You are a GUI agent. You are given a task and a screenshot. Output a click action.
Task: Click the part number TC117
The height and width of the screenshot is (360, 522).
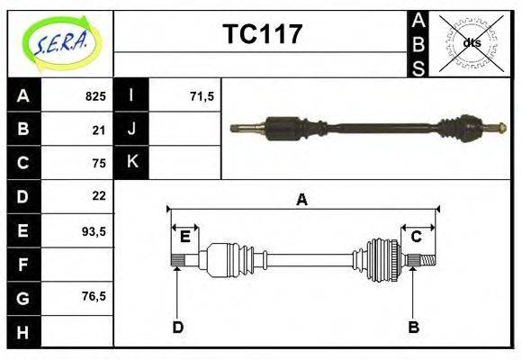262,35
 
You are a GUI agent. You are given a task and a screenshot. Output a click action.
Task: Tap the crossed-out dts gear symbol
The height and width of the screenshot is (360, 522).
472,42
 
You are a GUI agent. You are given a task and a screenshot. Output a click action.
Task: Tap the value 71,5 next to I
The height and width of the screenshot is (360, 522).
202,96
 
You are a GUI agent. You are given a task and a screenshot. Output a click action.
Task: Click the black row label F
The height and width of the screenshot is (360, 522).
23,265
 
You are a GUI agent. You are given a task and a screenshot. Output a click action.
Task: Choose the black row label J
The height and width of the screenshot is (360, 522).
131,130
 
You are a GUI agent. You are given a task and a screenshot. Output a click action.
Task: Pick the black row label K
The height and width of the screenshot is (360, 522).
131,163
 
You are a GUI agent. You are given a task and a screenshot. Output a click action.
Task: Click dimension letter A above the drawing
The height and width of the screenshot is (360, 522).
302,200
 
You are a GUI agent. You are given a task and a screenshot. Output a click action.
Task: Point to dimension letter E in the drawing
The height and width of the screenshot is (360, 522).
184,237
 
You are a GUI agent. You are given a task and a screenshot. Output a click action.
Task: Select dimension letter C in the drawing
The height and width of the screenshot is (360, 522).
417,237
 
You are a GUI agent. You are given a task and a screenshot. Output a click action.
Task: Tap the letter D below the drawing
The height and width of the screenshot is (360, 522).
178,327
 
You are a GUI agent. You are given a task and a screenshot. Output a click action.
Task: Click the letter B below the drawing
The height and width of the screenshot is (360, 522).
414,327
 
